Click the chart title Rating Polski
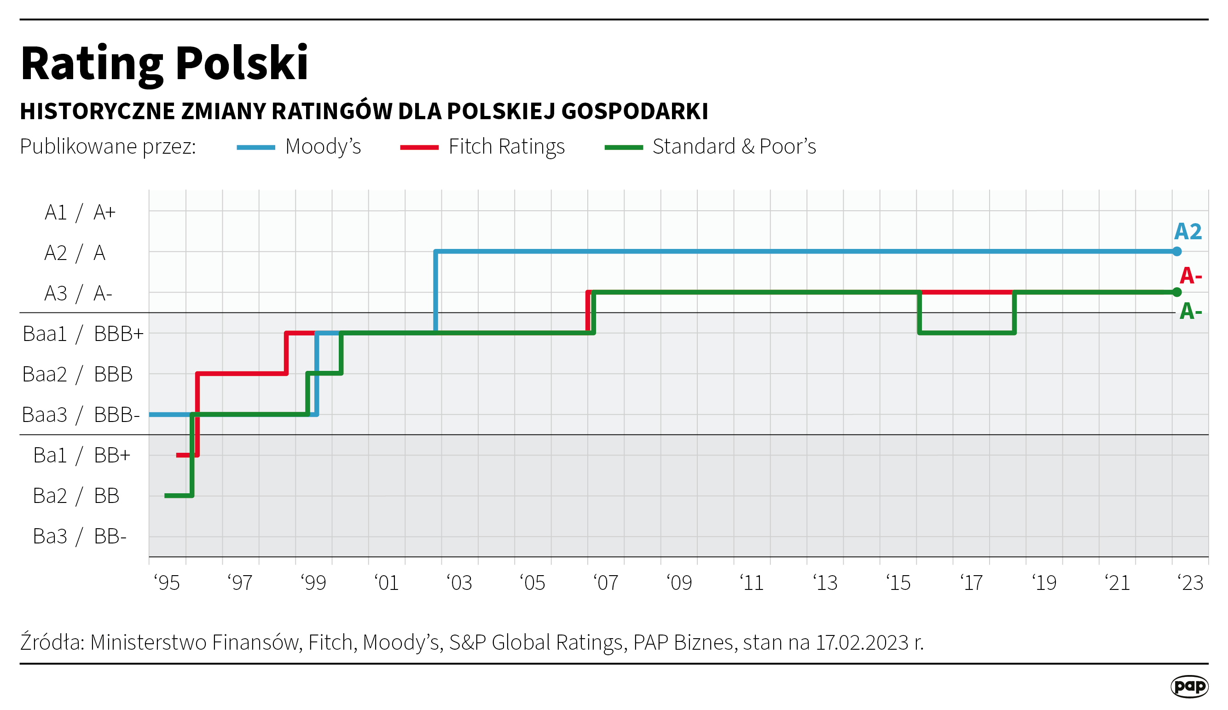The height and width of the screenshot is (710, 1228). click(x=164, y=63)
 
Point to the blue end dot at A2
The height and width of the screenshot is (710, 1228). click(x=1176, y=251)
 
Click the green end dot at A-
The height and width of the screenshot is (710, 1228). click(x=1176, y=292)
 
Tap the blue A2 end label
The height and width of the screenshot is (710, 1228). click(x=1187, y=231)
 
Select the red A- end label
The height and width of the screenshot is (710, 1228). click(x=1190, y=276)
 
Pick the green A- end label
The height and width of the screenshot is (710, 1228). click(x=1190, y=311)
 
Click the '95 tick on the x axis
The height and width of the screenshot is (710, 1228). click(x=167, y=583)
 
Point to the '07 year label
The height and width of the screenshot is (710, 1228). click(x=606, y=583)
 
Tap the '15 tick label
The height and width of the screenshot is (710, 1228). click(x=898, y=583)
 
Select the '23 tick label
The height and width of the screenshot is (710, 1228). click(x=1190, y=583)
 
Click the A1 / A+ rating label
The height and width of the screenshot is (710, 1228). click(x=81, y=213)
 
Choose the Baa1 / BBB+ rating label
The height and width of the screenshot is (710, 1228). click(x=83, y=334)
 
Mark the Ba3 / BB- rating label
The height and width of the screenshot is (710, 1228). click(x=80, y=537)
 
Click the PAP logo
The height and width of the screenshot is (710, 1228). click(x=1189, y=686)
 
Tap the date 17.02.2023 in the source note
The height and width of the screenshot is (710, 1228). click(x=862, y=643)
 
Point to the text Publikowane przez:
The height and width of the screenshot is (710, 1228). click(x=108, y=147)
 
